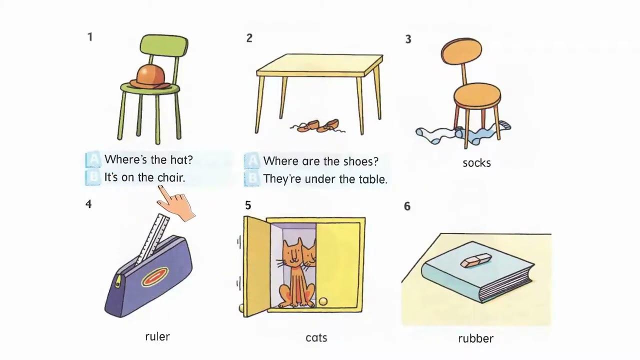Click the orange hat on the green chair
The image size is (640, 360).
[151, 77]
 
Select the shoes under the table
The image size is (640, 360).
[317, 126]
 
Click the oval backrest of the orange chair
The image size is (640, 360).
[461, 52]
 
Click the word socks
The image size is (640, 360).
[476, 163]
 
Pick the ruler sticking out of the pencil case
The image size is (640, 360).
[152, 239]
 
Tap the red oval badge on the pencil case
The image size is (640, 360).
[154, 276]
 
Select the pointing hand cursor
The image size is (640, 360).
[175, 203]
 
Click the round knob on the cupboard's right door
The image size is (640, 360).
[323, 301]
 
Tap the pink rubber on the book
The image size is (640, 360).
[475, 260]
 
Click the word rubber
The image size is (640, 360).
[475, 338]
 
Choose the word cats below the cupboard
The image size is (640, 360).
[316, 338]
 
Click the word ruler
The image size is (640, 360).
[157, 336]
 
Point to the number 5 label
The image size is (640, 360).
[248, 205]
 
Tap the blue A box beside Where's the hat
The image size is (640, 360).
[93, 159]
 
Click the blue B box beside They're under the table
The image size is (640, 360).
[252, 179]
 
